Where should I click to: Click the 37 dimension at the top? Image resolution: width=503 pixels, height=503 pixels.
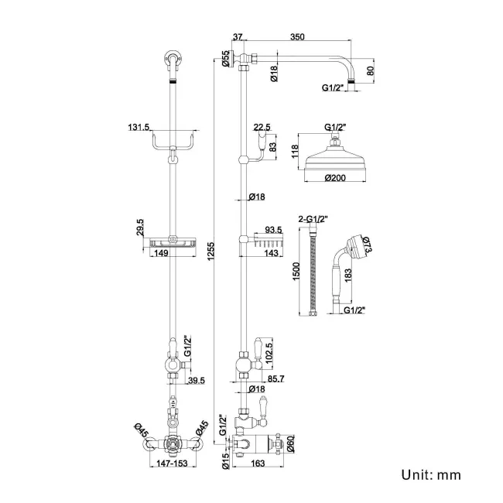pyautogui.click(x=237, y=36)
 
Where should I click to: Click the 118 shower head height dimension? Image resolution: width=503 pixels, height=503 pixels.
pyautogui.click(x=294, y=152)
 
